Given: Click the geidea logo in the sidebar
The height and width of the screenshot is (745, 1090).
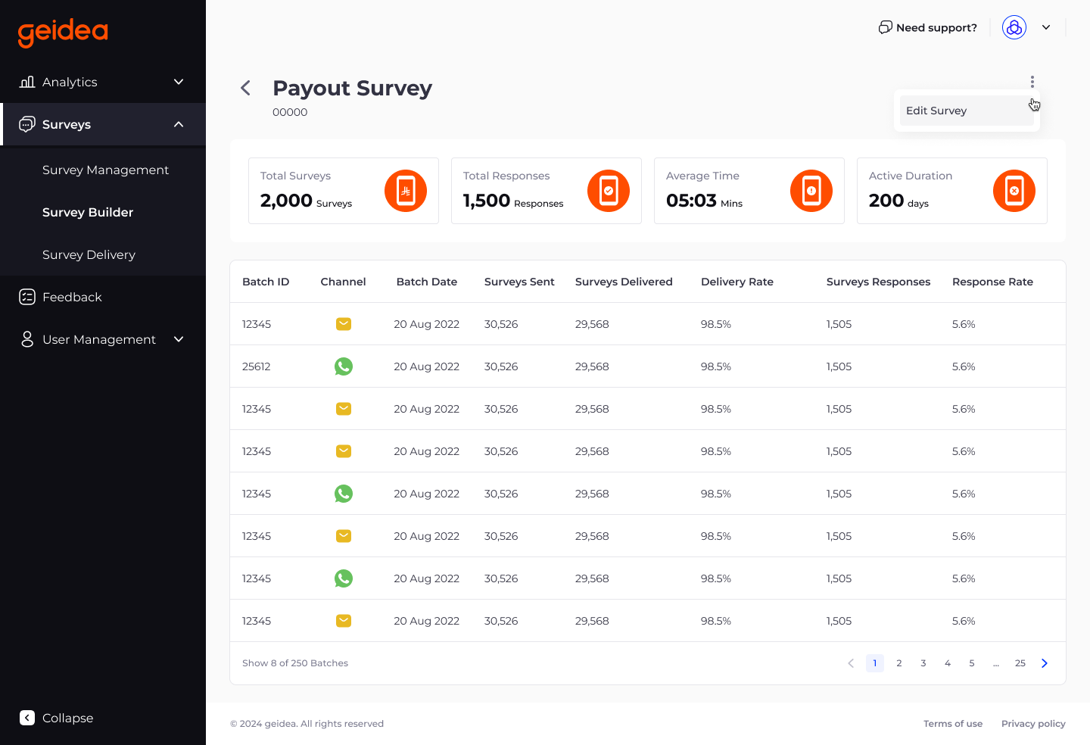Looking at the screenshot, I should [x=63, y=32].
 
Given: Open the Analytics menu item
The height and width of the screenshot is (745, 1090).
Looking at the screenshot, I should [x=70, y=82].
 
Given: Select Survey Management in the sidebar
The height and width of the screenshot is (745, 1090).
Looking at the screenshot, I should [x=105, y=170].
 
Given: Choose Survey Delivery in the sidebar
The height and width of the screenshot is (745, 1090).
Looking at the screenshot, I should [x=89, y=254].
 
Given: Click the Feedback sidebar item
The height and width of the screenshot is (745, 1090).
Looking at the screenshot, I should [x=72, y=297].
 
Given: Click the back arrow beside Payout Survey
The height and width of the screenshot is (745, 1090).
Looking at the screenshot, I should [x=245, y=88].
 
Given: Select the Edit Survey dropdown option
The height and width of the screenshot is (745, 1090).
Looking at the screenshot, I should [x=936, y=111].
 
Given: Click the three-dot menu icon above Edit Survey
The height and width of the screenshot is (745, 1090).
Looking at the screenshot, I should [x=1032, y=81].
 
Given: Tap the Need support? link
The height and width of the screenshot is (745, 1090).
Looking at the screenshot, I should [x=928, y=27].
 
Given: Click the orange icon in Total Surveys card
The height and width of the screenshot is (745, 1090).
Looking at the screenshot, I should [x=406, y=191].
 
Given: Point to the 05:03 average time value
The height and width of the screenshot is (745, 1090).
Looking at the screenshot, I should [x=691, y=201].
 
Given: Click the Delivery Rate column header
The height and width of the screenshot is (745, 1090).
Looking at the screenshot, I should [x=737, y=282].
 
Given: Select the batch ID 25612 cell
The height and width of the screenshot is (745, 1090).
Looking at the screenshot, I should [x=257, y=366].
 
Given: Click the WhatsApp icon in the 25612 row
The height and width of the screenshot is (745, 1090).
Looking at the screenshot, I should [x=344, y=366].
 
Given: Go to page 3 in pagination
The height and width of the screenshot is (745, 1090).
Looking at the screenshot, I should [x=923, y=663].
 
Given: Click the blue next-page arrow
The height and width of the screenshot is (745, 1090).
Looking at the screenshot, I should [x=1045, y=663].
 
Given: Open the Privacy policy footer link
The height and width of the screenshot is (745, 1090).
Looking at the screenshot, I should [x=1033, y=724].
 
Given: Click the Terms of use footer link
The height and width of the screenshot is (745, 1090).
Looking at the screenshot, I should [x=953, y=724].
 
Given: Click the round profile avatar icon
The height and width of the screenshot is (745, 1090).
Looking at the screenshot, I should [x=1014, y=27].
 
